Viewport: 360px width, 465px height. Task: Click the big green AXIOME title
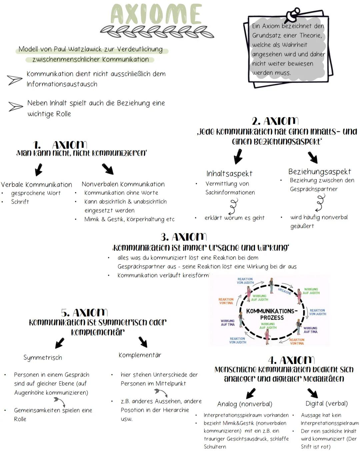coord(156,14)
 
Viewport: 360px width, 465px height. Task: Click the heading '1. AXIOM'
coord(60,145)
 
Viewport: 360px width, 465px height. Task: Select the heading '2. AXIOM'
coord(275,121)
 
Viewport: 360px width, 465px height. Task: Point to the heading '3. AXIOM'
coord(184,237)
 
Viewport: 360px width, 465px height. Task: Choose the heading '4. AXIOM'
coord(291,360)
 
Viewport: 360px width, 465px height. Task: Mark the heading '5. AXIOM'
coord(84,313)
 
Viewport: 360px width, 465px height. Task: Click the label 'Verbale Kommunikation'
coord(36,184)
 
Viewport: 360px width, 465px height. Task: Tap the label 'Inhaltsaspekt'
coord(229,173)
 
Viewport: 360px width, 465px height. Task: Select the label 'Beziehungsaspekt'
coord(319,171)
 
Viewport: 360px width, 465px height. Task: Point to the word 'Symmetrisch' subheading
coord(43,358)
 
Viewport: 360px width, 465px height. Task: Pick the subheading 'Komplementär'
coord(140,355)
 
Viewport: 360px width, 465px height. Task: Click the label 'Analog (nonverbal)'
coord(245,404)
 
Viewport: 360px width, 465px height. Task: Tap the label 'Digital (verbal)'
coord(327,403)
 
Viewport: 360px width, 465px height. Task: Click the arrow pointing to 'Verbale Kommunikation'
coord(39,169)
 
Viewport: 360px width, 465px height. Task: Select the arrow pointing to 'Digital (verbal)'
coord(312,393)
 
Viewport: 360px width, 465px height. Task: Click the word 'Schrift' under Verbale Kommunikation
coord(20,202)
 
